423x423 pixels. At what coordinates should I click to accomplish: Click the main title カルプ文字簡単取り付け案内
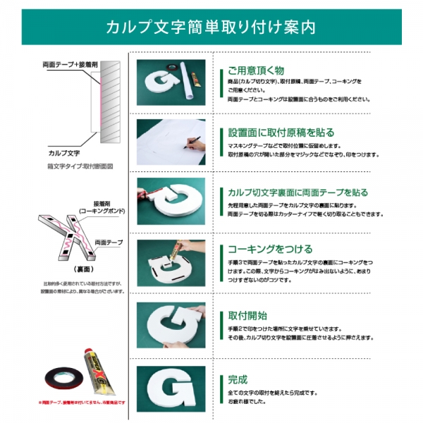(x=211, y=27)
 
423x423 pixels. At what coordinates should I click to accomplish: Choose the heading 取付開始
(x=247, y=315)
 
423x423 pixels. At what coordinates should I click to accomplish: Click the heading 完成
(x=238, y=378)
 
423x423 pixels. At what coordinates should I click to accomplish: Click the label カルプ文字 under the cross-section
(x=63, y=152)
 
